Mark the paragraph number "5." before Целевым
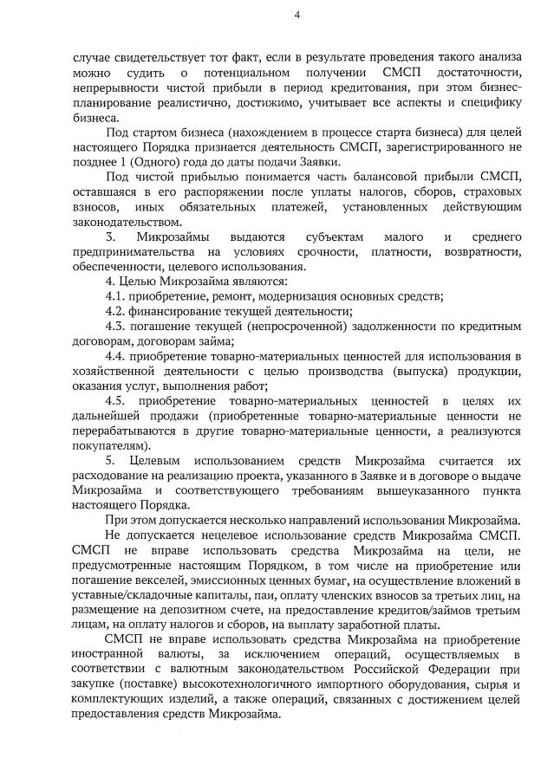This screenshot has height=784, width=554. coord(110,461)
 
